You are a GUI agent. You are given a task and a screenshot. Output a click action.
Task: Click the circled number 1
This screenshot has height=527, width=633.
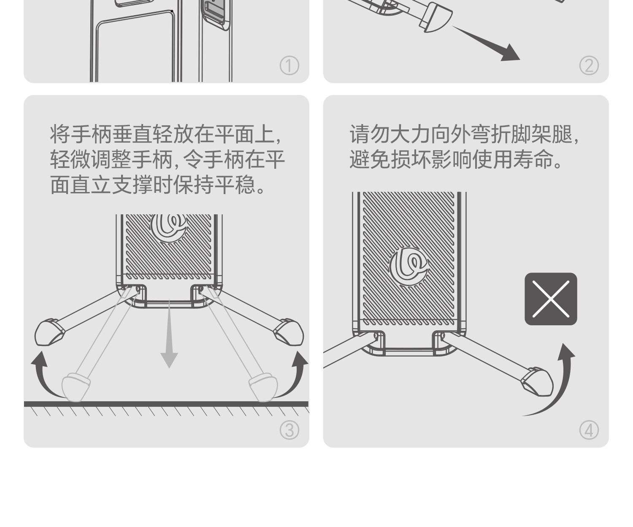coord(289,65)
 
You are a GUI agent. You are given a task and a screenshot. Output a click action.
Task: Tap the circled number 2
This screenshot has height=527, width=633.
coord(589,65)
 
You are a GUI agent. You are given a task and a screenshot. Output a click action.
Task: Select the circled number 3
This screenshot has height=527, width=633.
coord(289,430)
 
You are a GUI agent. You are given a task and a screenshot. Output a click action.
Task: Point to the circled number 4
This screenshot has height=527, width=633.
coord(589,430)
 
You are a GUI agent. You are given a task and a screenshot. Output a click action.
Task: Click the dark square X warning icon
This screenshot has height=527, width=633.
coord(551,299)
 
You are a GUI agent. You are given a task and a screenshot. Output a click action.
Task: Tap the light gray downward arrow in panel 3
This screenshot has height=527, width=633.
coord(169,334)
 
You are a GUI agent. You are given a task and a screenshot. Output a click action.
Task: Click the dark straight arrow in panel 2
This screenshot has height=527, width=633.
coord(486,43)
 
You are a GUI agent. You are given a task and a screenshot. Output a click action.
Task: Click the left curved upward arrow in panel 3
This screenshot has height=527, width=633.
coord(41,379)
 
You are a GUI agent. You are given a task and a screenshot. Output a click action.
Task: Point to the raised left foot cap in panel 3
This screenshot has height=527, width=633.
coord(49,332)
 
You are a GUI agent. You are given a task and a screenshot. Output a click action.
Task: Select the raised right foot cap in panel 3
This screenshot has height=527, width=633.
coord(289,332)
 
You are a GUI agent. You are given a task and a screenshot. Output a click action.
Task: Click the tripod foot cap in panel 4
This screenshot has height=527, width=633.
coord(537,382)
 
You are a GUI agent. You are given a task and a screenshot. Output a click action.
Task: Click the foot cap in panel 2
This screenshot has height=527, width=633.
coord(436,17)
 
